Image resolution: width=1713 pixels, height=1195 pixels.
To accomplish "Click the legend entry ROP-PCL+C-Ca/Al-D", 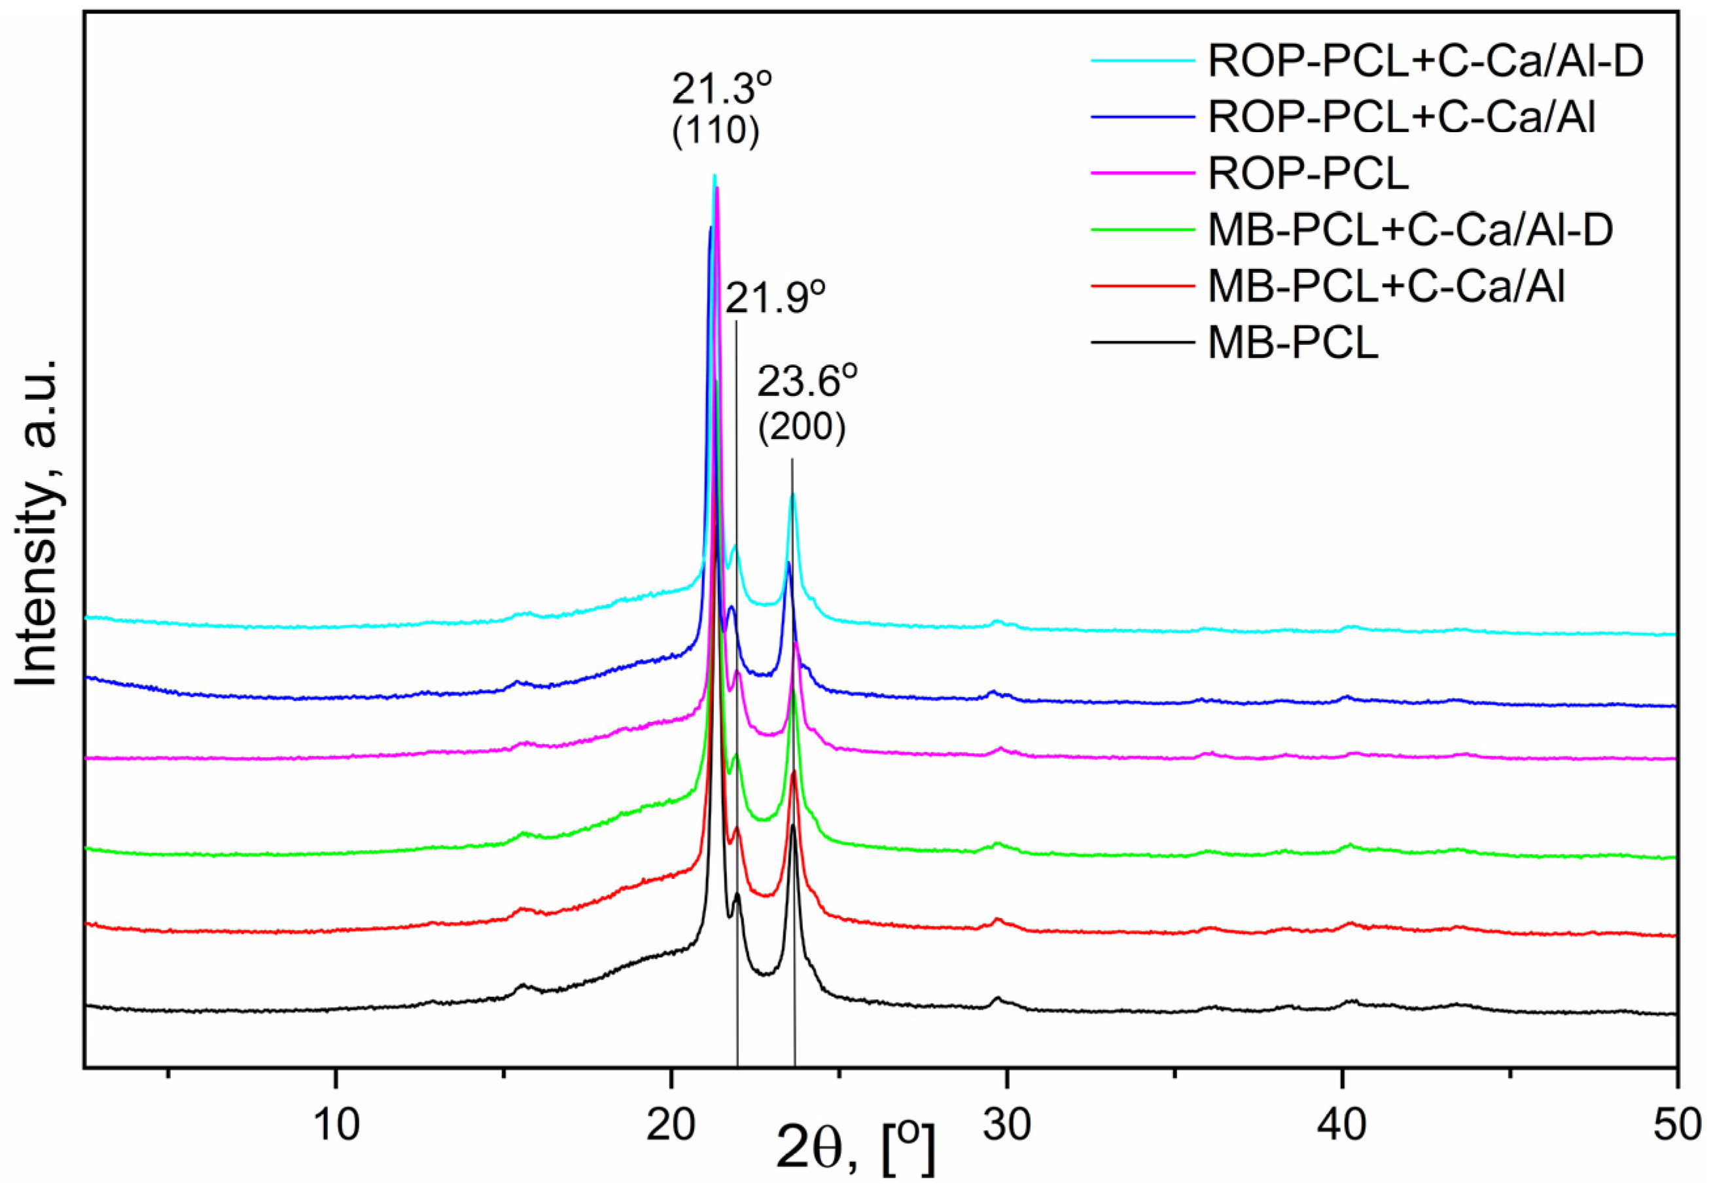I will pyautogui.click(x=1425, y=62).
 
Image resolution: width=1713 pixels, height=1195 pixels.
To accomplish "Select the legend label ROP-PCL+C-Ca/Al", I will pyautogui.click(x=1401, y=118).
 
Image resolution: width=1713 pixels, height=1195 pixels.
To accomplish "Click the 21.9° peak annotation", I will pyautogui.click(x=776, y=298).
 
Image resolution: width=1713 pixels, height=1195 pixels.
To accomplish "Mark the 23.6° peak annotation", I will pyautogui.click(x=807, y=383).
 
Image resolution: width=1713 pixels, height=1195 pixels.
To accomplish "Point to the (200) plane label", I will pyautogui.click(x=802, y=428).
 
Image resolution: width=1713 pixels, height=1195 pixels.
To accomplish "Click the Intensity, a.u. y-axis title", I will pyautogui.click(x=37, y=522).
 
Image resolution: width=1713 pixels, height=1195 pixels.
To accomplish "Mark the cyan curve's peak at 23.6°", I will pyautogui.click(x=792, y=493).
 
